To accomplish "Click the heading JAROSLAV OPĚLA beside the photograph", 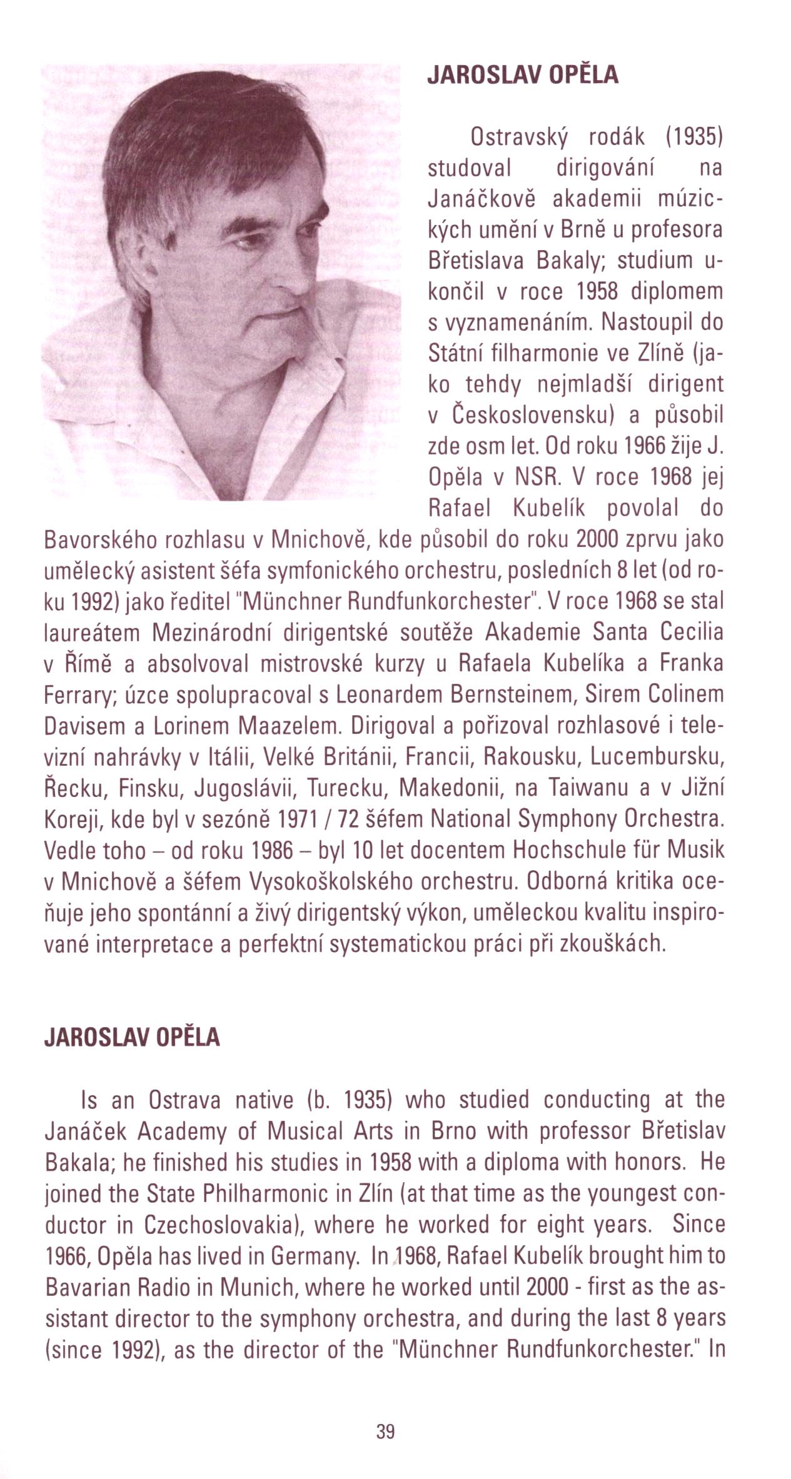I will coord(522,75).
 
